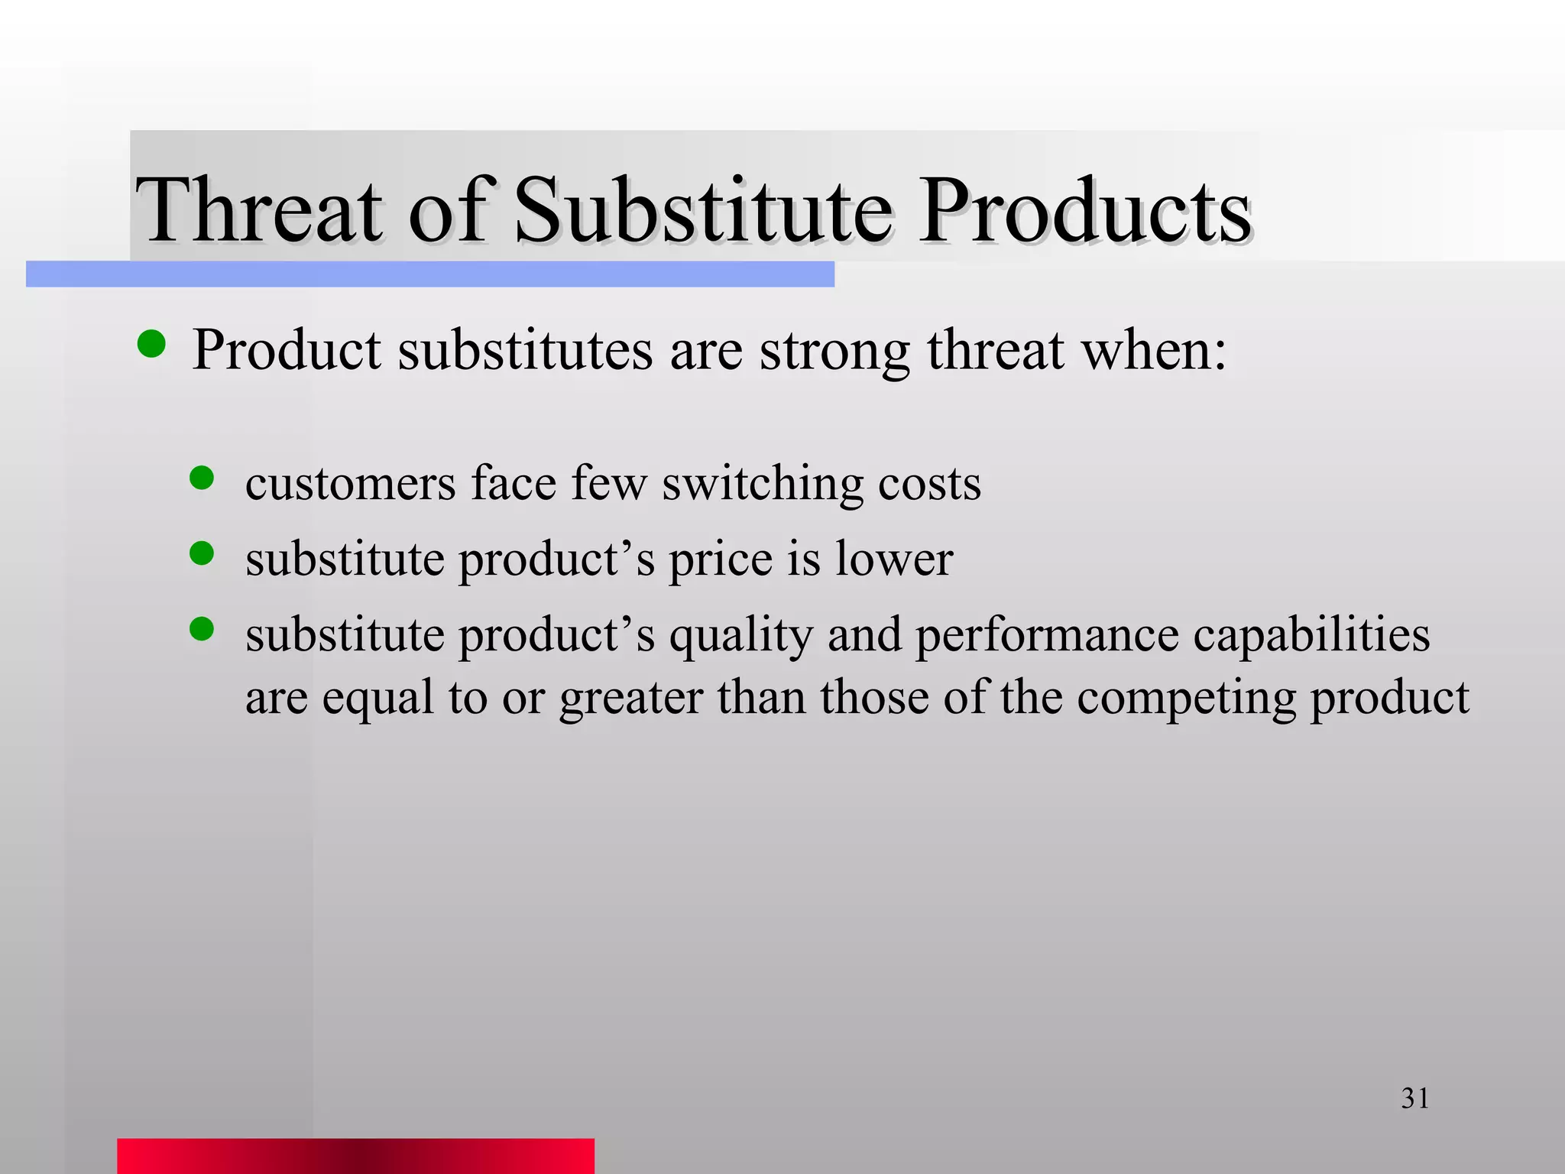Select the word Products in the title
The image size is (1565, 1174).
pos(1085,209)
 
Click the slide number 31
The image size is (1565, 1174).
pos(1414,1098)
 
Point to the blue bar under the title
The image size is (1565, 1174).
pos(429,274)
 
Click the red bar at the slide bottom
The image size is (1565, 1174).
pos(355,1155)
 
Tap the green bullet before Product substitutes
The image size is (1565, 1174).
pos(151,345)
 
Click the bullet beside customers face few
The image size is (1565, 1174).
pos(202,478)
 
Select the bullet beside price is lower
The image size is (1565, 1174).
pos(202,553)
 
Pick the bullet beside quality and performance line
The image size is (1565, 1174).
pos(202,628)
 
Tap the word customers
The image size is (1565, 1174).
pos(350,484)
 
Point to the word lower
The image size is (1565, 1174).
pos(894,559)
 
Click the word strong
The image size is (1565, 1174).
pos(834,352)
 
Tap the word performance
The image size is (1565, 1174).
pos(1048,635)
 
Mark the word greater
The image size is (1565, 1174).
pos(631,699)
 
